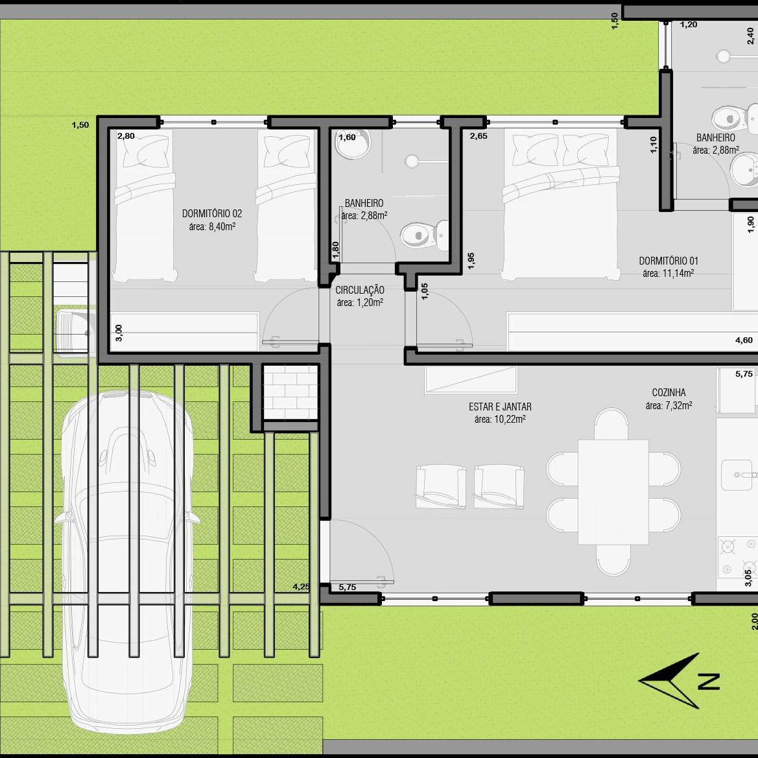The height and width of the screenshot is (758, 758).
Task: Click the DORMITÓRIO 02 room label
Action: point(212,213)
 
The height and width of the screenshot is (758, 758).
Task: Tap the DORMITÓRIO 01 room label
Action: point(668,261)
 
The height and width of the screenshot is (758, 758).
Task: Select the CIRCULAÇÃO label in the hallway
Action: point(360,290)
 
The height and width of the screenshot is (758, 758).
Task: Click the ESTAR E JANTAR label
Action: point(500,407)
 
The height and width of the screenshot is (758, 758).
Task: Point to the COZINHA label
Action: point(669,392)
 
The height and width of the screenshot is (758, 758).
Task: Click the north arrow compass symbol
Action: point(679,681)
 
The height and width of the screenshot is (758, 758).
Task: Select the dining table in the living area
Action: point(613,492)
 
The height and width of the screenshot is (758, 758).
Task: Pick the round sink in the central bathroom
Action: point(353,143)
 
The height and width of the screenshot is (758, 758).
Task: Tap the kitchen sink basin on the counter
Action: point(737,475)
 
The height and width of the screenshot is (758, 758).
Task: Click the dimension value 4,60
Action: point(744,340)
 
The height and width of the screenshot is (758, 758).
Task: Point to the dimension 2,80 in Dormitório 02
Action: point(126,136)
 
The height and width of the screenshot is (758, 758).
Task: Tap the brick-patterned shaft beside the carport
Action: point(290,392)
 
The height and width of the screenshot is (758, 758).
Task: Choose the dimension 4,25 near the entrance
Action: point(301,586)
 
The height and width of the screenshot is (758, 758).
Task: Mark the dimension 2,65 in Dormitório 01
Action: point(479,136)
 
